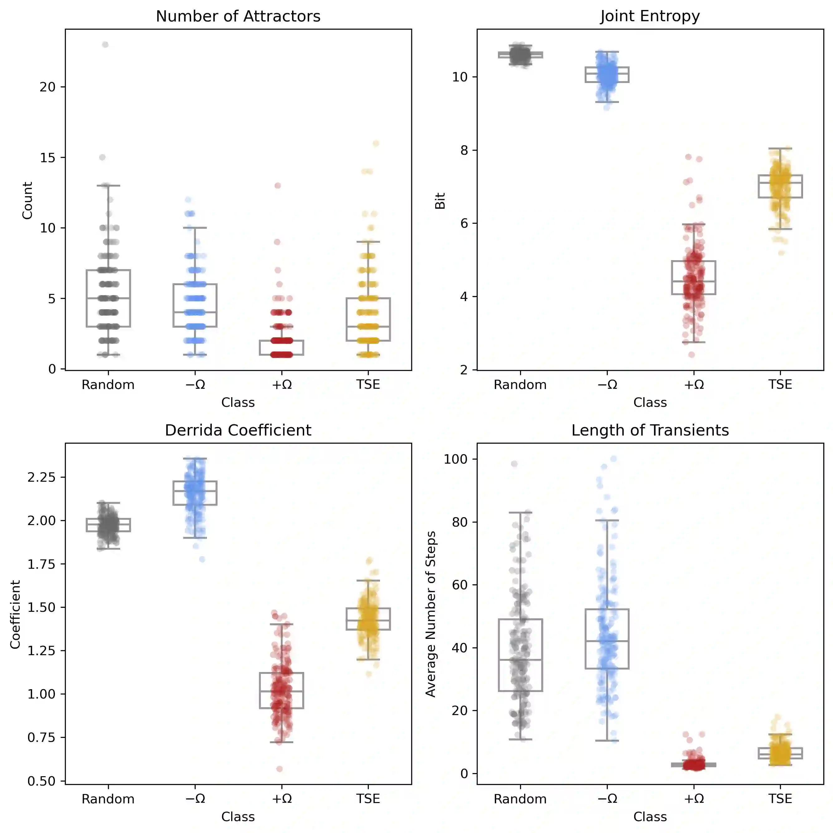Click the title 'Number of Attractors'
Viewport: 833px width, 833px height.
tap(238, 17)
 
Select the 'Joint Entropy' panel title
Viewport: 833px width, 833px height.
tap(650, 17)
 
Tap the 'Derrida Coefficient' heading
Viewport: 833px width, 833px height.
tap(238, 430)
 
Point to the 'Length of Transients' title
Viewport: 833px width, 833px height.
tap(650, 430)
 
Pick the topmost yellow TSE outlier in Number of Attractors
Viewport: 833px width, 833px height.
tap(376, 144)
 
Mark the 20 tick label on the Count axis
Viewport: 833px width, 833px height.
tap(48, 87)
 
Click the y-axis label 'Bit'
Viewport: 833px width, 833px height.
tap(440, 201)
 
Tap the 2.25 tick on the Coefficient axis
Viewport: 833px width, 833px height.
tap(41, 477)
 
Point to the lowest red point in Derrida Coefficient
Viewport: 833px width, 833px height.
tap(280, 769)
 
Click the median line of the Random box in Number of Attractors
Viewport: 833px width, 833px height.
tap(108, 298)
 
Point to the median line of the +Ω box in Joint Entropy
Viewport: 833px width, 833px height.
tap(694, 281)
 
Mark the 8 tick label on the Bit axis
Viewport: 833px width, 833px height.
tap(464, 150)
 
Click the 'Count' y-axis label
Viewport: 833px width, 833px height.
tap(27, 201)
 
